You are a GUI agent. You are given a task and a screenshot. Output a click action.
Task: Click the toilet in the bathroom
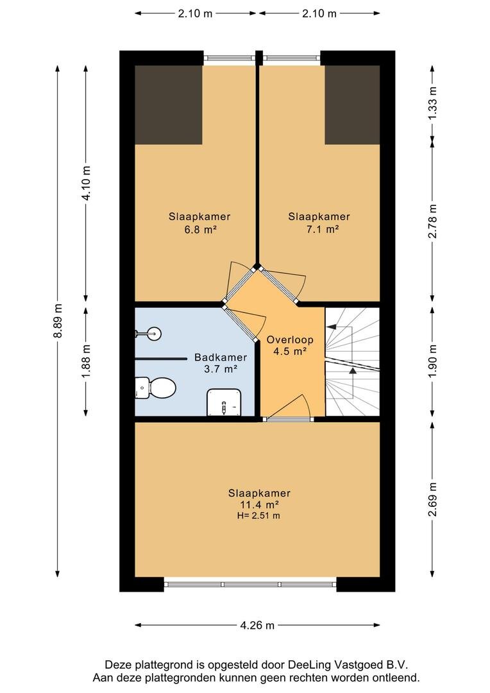click(x=155, y=388)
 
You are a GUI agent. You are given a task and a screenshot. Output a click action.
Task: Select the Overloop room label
click(x=290, y=339)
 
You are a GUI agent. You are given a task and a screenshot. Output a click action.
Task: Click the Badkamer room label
click(x=221, y=357)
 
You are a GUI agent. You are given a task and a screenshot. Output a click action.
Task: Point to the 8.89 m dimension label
click(x=58, y=320)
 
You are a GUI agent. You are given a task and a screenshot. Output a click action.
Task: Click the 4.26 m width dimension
click(x=257, y=625)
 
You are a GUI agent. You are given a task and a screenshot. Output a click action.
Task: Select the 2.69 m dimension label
click(x=432, y=499)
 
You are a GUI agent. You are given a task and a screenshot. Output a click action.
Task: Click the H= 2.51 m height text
click(x=258, y=515)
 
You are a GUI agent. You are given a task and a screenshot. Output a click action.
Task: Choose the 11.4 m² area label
click(x=259, y=504)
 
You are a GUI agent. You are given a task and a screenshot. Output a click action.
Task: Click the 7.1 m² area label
click(x=319, y=229)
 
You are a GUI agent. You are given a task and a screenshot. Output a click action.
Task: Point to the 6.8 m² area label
click(x=199, y=229)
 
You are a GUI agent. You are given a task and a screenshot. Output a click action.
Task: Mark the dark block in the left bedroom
click(x=168, y=105)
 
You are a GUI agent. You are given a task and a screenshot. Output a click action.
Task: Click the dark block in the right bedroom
click(x=353, y=105)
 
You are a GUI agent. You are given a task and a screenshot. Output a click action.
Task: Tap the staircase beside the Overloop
click(x=353, y=361)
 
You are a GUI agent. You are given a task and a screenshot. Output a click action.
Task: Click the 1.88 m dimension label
click(x=86, y=361)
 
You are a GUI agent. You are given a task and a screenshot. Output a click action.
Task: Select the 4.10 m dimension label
click(x=86, y=183)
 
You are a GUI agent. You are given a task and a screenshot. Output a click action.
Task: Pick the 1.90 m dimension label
click(x=432, y=361)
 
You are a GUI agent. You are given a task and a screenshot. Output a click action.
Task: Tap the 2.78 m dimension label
click(x=432, y=221)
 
